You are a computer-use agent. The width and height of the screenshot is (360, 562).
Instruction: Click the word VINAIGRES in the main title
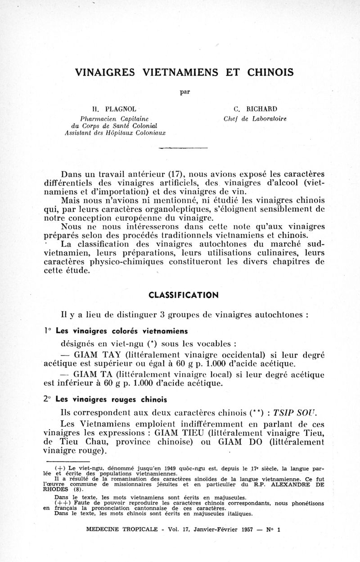pos(105,72)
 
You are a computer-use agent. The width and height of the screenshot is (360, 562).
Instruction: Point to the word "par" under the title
pos(185,92)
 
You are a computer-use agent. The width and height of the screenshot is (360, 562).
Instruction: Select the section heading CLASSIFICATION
pos(184,295)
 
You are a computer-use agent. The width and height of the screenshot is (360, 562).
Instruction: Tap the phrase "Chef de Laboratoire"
pos(255,119)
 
